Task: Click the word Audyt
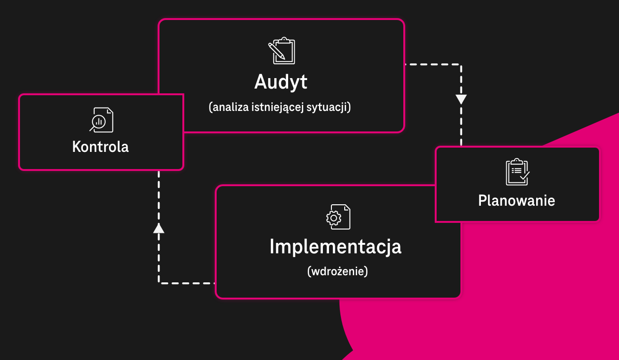tap(281, 82)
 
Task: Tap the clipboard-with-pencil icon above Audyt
tap(281, 50)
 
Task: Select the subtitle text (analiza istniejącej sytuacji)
tap(280, 107)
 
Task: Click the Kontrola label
tap(100, 147)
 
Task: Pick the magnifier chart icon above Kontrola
tap(101, 120)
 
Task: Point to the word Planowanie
tap(517, 200)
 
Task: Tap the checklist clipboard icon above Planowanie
tap(518, 172)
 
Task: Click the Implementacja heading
tap(335, 247)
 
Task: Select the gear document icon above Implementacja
tap(338, 217)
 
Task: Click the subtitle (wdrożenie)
tap(338, 271)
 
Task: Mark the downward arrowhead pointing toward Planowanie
tap(461, 100)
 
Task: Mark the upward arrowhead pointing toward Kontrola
tap(159, 229)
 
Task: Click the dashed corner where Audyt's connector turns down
tap(461, 64)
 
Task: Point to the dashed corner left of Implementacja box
tap(159, 283)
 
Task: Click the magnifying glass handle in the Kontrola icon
tap(92, 129)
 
